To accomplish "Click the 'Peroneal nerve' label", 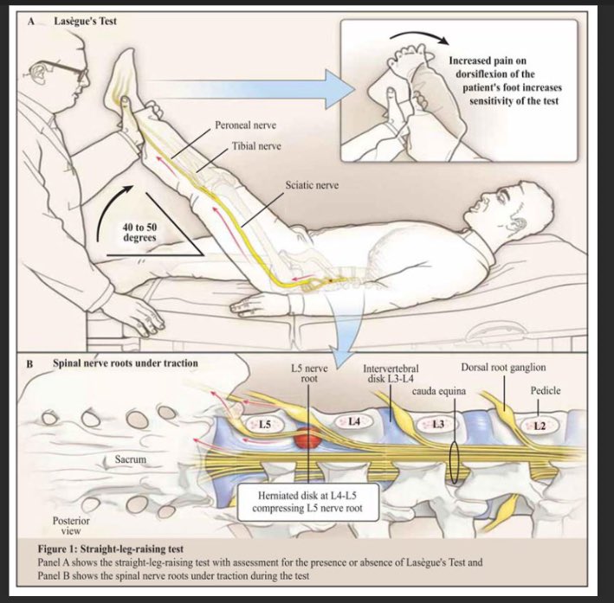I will pyautogui.click(x=249, y=126).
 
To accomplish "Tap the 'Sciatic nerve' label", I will pyautogui.click(x=314, y=186).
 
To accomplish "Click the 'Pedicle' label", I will pyautogui.click(x=546, y=391).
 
